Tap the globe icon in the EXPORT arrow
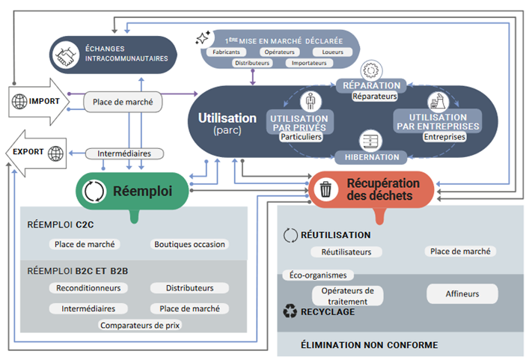click(55, 154)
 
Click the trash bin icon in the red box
click(326, 190)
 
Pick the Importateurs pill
click(309, 63)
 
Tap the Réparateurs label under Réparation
click(374, 97)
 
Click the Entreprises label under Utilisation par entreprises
click(443, 137)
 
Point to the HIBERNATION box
click(371, 157)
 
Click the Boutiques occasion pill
click(189, 244)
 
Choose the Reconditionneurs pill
click(88, 288)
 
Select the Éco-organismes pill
click(318, 275)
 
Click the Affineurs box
click(462, 294)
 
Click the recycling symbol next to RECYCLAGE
click(289, 312)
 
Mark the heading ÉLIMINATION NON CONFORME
click(369, 345)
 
